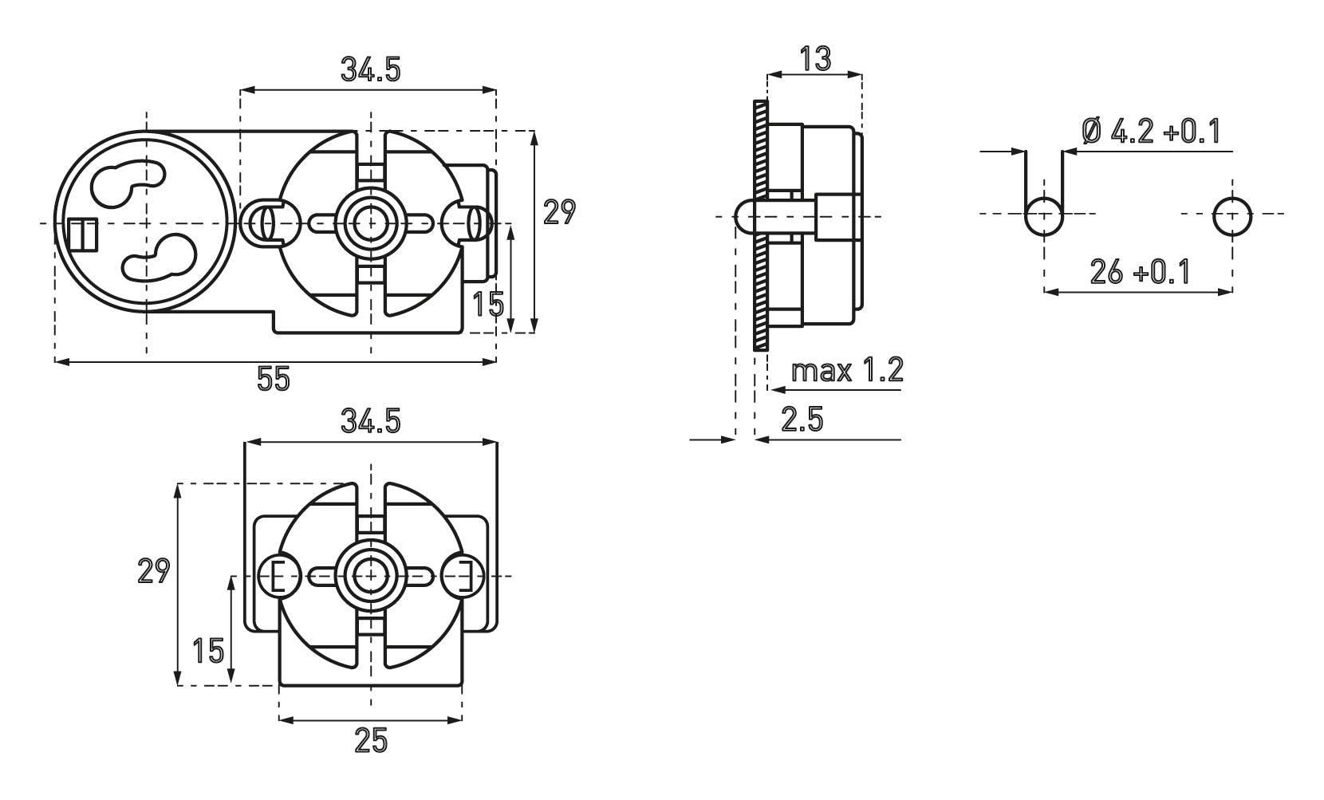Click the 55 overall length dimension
274,379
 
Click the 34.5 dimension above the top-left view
370,70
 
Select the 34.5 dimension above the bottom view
370,420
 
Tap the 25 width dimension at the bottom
371,742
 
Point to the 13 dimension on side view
816,58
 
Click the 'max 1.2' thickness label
847,371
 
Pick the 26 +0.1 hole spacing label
1140,273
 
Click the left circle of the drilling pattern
1043,215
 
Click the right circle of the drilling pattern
1232,215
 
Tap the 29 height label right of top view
558,213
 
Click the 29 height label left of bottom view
153,571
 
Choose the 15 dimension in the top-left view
488,305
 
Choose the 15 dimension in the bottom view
208,651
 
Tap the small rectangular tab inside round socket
81,234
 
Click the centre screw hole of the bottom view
370,574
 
